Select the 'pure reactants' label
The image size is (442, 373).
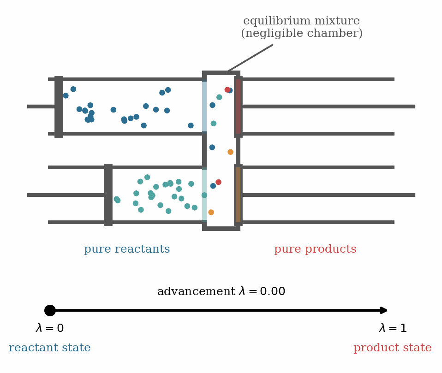(x=127, y=249)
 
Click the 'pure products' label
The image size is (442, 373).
(x=315, y=249)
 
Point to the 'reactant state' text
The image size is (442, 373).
(x=50, y=347)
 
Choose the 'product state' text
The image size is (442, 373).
(x=392, y=348)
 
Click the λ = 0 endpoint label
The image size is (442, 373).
(x=50, y=328)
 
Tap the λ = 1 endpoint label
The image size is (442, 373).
(x=393, y=328)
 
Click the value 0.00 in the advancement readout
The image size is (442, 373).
(x=273, y=291)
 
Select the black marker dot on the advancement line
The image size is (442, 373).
(x=50, y=310)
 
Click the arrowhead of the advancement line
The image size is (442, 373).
(x=384, y=310)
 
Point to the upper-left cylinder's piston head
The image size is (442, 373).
(x=59, y=107)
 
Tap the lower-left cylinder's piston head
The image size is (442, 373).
(x=108, y=195)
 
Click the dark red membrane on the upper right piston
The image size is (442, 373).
(x=238, y=107)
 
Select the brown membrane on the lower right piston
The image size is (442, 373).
(x=238, y=195)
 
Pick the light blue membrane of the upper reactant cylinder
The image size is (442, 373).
(x=204, y=107)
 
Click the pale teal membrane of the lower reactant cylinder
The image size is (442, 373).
(x=204, y=195)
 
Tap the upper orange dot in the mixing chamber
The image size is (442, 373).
(x=230, y=152)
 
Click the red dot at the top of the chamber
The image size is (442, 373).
(x=227, y=89)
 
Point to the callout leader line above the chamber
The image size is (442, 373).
(x=251, y=58)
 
